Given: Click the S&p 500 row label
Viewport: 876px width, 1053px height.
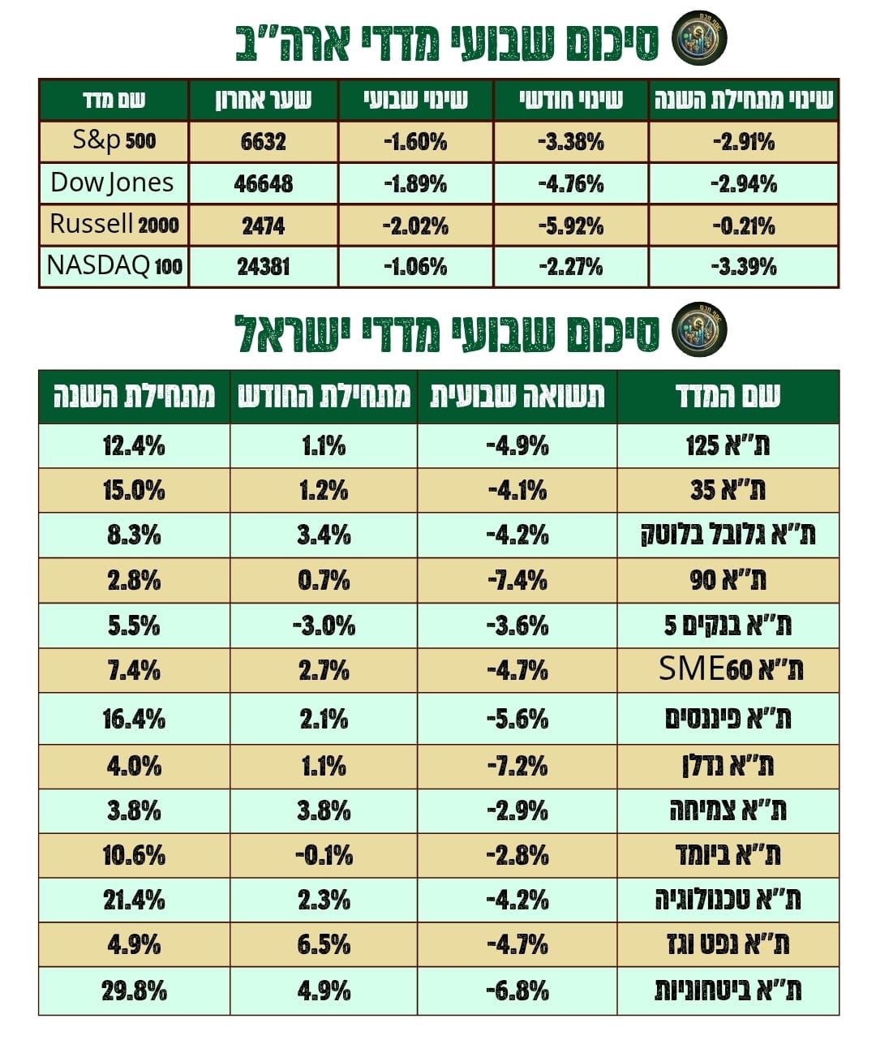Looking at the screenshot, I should click(x=114, y=141).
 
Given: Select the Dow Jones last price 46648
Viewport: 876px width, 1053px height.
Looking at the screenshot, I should click(x=263, y=183).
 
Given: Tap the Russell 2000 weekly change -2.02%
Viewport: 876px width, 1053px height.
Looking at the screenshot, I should click(x=415, y=225).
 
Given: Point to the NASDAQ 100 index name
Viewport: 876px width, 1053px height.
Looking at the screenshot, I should click(x=114, y=266).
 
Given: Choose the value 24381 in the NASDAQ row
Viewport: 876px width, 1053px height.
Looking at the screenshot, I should click(x=263, y=267).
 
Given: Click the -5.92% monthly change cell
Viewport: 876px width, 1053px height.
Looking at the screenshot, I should click(x=571, y=225).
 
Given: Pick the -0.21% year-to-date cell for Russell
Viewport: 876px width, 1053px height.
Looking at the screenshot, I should click(x=744, y=225).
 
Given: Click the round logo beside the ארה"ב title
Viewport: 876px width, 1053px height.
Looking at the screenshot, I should click(x=700, y=38).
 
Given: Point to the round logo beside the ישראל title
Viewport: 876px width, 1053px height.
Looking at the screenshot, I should click(x=700, y=329).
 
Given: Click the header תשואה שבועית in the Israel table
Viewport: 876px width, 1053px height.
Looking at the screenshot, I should click(x=517, y=397).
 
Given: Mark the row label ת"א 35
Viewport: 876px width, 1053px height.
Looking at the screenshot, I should click(x=728, y=490).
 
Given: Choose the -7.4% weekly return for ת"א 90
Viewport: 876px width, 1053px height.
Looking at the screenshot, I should click(x=517, y=581).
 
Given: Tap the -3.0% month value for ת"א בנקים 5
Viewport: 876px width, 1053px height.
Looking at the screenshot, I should click(x=324, y=625).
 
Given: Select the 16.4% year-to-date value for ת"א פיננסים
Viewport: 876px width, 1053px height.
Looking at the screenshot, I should click(x=134, y=719).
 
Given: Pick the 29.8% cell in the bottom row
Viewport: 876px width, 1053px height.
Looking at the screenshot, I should click(x=134, y=991).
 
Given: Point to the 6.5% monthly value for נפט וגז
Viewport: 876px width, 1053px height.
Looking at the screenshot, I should click(x=324, y=945).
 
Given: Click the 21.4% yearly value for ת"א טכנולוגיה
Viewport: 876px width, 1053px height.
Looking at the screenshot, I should click(x=134, y=900).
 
